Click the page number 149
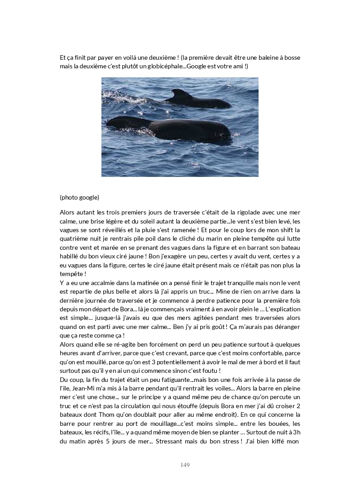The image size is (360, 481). click(184, 465)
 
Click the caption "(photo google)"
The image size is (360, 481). click(79, 197)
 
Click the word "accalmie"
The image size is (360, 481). click(101, 283)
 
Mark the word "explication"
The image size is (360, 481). click(284, 309)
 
